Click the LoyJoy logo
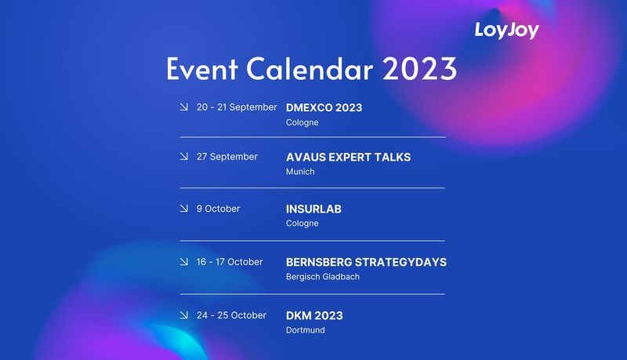pos(506,31)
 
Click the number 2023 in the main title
pos(419,70)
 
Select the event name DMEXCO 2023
pos(324,107)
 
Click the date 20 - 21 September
pos(237,107)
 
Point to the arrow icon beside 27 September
pos(183,157)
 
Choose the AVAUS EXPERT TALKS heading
pos(348,157)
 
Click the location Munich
pos(300,172)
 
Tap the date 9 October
pos(218,209)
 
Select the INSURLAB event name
pos(313,209)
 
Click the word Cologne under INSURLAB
pos(302,224)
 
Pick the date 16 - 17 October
pos(230,262)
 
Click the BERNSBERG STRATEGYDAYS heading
pos(366,262)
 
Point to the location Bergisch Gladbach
pos(323,277)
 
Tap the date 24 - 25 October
pos(231,315)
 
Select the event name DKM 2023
pos(314,315)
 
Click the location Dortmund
pos(305,330)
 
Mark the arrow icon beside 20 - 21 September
pos(183,107)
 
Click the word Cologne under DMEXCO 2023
pos(302,122)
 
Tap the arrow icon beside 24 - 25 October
pos(183,315)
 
